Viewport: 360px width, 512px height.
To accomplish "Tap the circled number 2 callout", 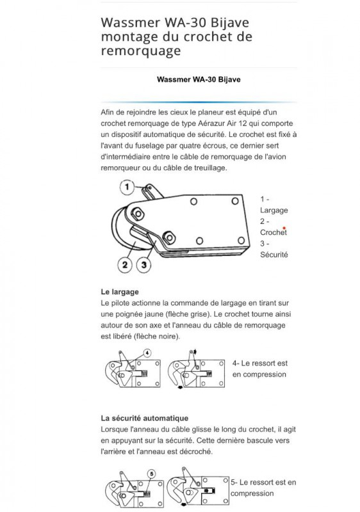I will [x=125, y=264].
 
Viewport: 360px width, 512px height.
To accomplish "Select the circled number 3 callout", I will [x=145, y=264].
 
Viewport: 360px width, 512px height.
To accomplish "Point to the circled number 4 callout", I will [x=147, y=353].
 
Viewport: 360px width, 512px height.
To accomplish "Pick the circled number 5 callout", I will [x=151, y=474].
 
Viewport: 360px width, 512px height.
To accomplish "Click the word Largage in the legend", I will [x=274, y=210].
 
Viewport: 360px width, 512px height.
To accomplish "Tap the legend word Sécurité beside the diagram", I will [x=274, y=254].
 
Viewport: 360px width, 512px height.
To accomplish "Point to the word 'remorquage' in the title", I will [x=141, y=51].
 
